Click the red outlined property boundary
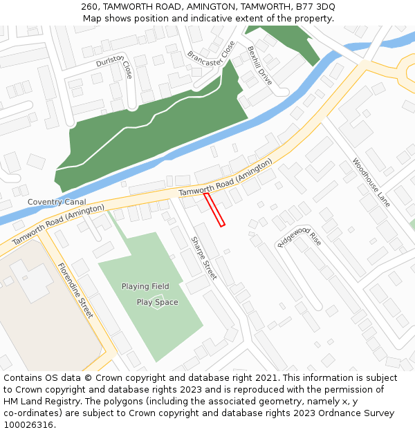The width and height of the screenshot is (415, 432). pos(215,209)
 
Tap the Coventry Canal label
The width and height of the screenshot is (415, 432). pos(52,202)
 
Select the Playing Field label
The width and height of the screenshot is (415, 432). pos(145,286)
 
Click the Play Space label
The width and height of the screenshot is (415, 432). pos(157,302)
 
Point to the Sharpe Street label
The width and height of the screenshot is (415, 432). pos(203,258)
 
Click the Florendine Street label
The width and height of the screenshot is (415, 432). pos(75,290)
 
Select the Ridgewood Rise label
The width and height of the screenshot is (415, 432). pos(299,237)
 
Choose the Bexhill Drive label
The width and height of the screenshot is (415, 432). pos(259,66)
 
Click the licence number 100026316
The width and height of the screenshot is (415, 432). pos(28,425)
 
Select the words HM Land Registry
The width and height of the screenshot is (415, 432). pos(37,402)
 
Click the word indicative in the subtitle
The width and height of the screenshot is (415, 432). pos(203,19)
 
